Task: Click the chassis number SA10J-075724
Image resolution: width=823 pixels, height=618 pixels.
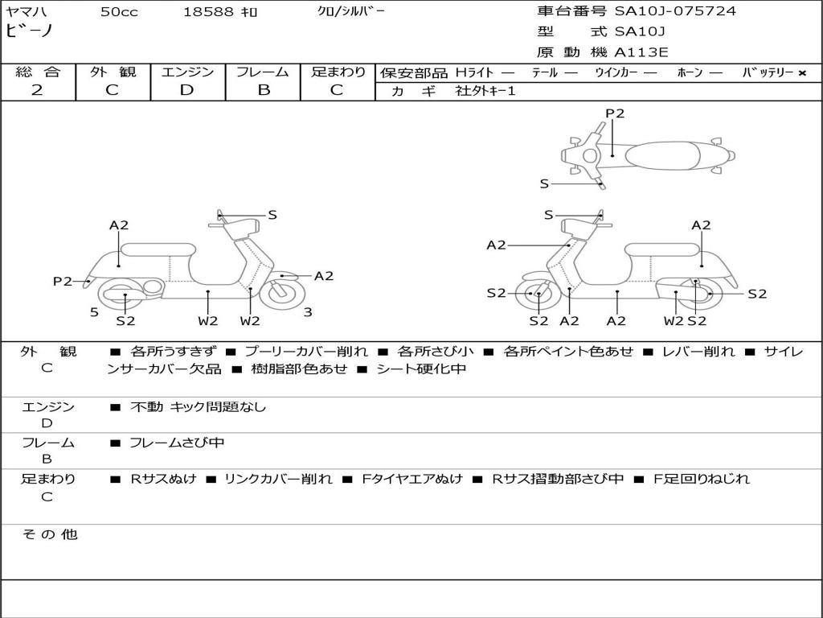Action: point(675,11)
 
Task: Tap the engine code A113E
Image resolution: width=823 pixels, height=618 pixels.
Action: point(641,52)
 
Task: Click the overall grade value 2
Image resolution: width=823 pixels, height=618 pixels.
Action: point(37,90)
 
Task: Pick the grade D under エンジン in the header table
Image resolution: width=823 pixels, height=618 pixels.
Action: point(186,90)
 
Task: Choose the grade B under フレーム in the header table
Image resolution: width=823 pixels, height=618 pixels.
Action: point(264,90)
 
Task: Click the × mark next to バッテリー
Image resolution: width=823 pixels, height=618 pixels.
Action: point(802,73)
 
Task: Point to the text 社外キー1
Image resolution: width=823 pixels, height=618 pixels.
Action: point(485,91)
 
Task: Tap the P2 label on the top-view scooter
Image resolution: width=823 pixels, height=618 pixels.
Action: point(615,113)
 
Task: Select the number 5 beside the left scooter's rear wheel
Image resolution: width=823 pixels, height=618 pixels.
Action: point(95,313)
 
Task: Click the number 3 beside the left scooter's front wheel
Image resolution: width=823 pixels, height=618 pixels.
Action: point(308,313)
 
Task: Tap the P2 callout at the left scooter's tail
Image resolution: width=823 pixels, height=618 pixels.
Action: point(63,281)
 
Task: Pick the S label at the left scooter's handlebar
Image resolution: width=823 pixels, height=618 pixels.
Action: point(272,214)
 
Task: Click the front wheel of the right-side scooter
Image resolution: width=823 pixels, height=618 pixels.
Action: point(534,294)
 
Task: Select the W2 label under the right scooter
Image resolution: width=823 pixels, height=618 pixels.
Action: point(674,320)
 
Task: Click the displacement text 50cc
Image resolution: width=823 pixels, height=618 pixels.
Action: point(119,11)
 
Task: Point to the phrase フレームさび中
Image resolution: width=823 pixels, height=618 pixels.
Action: point(177,443)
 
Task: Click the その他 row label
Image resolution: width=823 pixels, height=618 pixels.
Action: point(50,534)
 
